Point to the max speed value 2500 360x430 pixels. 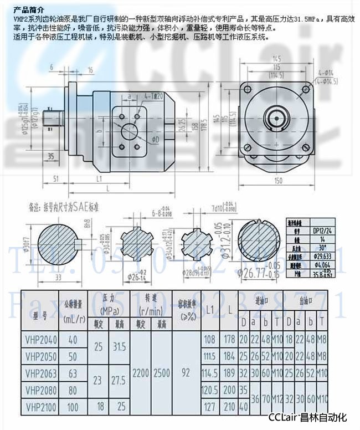[162, 373]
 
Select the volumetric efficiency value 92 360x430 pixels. [186, 373]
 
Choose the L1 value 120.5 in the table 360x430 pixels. [210, 390]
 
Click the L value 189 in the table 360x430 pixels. [229, 373]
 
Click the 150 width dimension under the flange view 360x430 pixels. [278, 181]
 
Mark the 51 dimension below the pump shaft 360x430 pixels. [56, 178]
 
